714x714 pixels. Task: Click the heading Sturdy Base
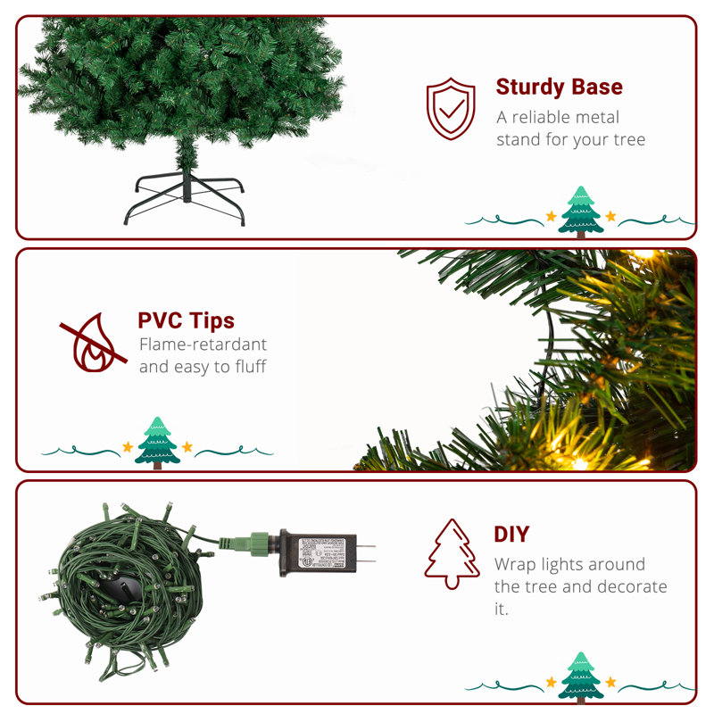[559, 87]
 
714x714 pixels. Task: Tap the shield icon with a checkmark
[451, 108]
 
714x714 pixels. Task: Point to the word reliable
[544, 117]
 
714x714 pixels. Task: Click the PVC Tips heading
[186, 320]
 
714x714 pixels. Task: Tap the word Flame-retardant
[203, 345]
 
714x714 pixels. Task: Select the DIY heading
[511, 535]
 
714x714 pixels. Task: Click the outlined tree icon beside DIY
[452, 554]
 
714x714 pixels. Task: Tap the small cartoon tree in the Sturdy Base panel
[581, 211]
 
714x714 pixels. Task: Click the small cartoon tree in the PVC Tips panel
[157, 441]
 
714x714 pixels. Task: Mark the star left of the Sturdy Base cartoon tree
[551, 217]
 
